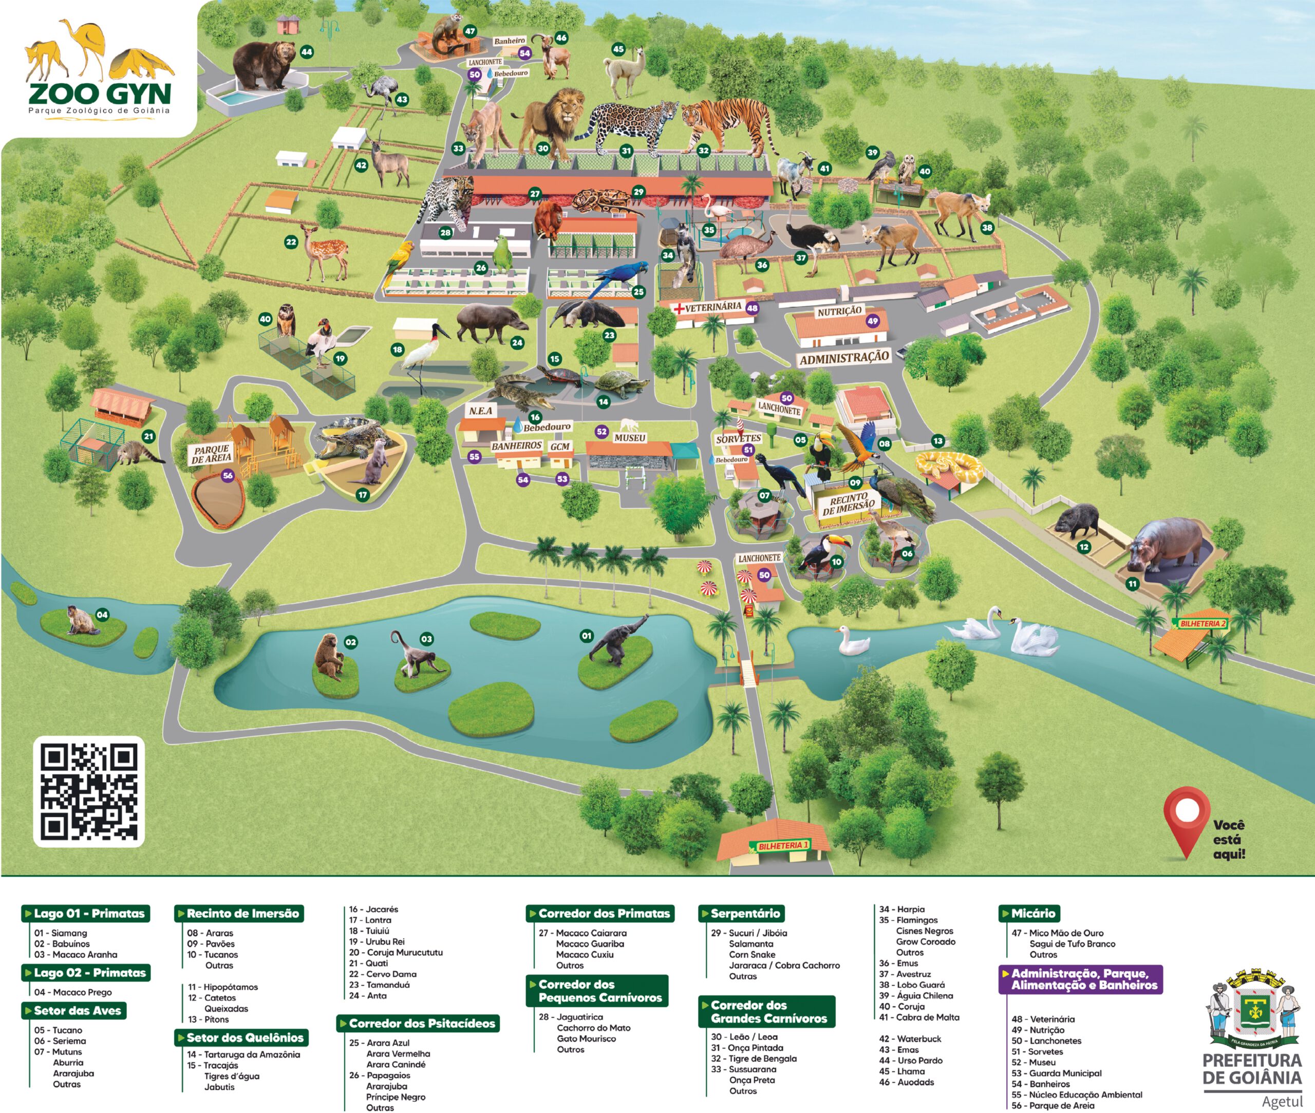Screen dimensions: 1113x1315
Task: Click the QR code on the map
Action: pyautogui.click(x=89, y=791)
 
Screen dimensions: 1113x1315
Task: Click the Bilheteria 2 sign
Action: pyautogui.click(x=1202, y=623)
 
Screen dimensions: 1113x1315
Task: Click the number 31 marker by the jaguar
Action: pyautogui.click(x=626, y=151)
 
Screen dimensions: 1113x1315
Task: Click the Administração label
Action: pyautogui.click(x=844, y=358)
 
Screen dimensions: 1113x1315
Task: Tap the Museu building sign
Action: pyautogui.click(x=629, y=438)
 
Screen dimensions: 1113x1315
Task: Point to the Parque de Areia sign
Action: pyautogui.click(x=211, y=454)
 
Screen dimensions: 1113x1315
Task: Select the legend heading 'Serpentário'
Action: pyautogui.click(x=744, y=913)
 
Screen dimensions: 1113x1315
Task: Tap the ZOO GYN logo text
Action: pyautogui.click(x=99, y=94)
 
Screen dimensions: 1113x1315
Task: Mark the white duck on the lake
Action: pyautogui.click(x=853, y=642)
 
